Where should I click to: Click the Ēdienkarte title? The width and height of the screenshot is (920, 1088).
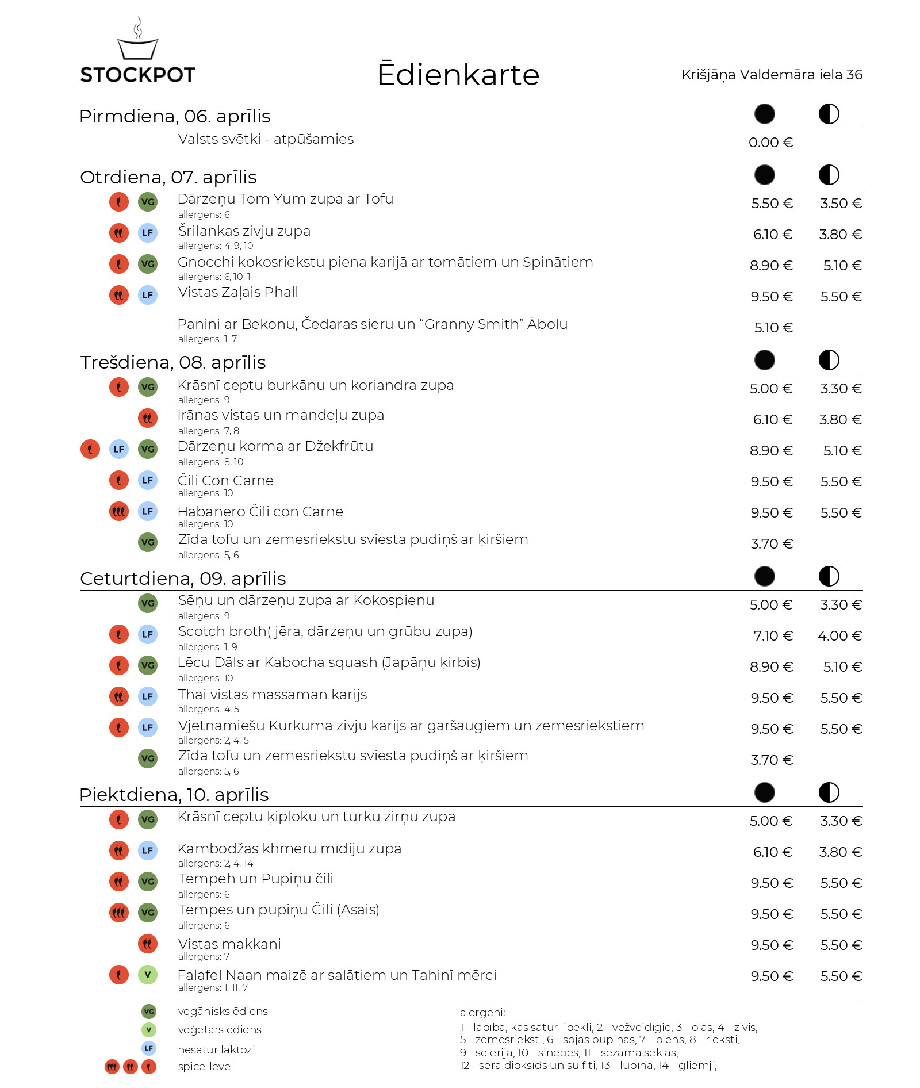[x=458, y=75]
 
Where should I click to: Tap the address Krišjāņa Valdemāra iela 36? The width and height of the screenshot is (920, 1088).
[x=772, y=75]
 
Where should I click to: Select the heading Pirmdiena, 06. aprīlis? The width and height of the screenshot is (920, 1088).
[x=175, y=116]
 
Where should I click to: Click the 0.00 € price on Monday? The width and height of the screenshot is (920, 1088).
[x=770, y=143]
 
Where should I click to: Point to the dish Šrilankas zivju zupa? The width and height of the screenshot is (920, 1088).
[x=244, y=231]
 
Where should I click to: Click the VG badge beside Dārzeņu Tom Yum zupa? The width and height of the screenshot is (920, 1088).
[x=148, y=202]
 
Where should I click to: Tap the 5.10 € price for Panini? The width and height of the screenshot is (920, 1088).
[x=773, y=328]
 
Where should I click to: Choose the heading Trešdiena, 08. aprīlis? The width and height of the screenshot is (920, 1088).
[x=173, y=362]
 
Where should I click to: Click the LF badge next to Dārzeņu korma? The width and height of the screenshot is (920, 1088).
[x=119, y=449]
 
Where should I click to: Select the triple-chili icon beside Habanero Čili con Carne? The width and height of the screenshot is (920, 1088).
[x=119, y=511]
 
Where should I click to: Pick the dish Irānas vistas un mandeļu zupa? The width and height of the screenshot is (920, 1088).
[x=281, y=415]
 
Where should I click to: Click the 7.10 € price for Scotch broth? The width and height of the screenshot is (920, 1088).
[x=773, y=636]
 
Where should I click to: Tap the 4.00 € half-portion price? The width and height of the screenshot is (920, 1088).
[x=839, y=636]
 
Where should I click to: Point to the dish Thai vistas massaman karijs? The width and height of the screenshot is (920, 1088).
[x=273, y=695]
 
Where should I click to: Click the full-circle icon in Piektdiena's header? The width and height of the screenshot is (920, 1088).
[x=764, y=792]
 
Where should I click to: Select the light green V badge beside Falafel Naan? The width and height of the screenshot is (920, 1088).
[x=148, y=975]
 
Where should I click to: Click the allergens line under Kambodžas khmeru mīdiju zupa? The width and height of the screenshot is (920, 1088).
[x=216, y=863]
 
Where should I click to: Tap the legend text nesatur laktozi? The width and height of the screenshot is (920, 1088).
[x=216, y=1049]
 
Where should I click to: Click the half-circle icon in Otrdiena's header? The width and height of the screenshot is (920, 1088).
[x=829, y=175]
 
